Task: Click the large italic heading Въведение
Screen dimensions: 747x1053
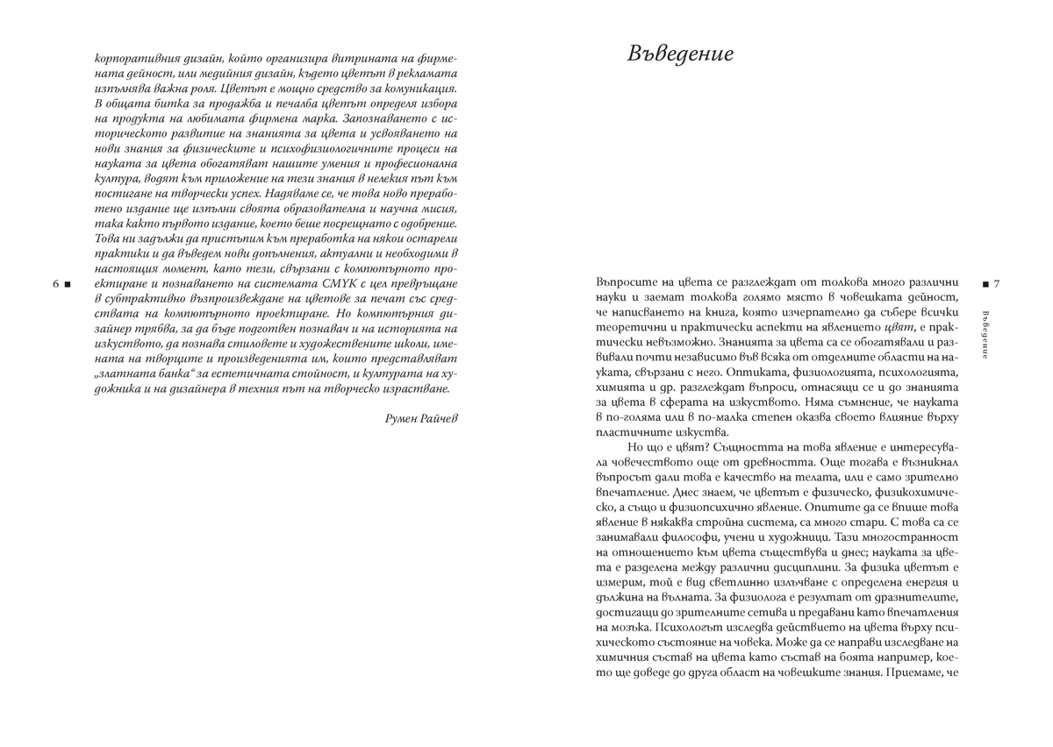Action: (x=681, y=54)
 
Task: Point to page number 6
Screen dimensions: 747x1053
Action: (x=56, y=285)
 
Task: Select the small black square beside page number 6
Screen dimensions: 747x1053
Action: (x=68, y=285)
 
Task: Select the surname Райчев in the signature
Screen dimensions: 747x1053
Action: (x=441, y=418)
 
